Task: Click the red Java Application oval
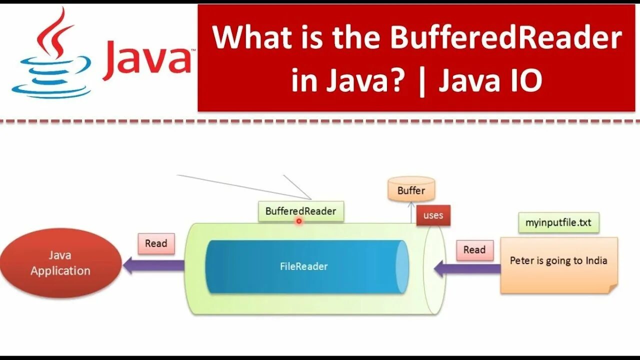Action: [x=60, y=263]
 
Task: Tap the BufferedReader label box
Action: [x=301, y=211]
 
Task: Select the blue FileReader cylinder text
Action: [x=303, y=266]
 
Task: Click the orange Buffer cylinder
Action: [x=411, y=190]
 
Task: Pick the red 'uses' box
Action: [x=433, y=215]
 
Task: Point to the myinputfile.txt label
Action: [x=558, y=222]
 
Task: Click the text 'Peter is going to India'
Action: [x=558, y=260]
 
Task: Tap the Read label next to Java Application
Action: [x=156, y=243]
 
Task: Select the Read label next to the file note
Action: [x=474, y=250]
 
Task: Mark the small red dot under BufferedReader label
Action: [x=299, y=221]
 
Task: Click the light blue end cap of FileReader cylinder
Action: [x=401, y=266]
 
